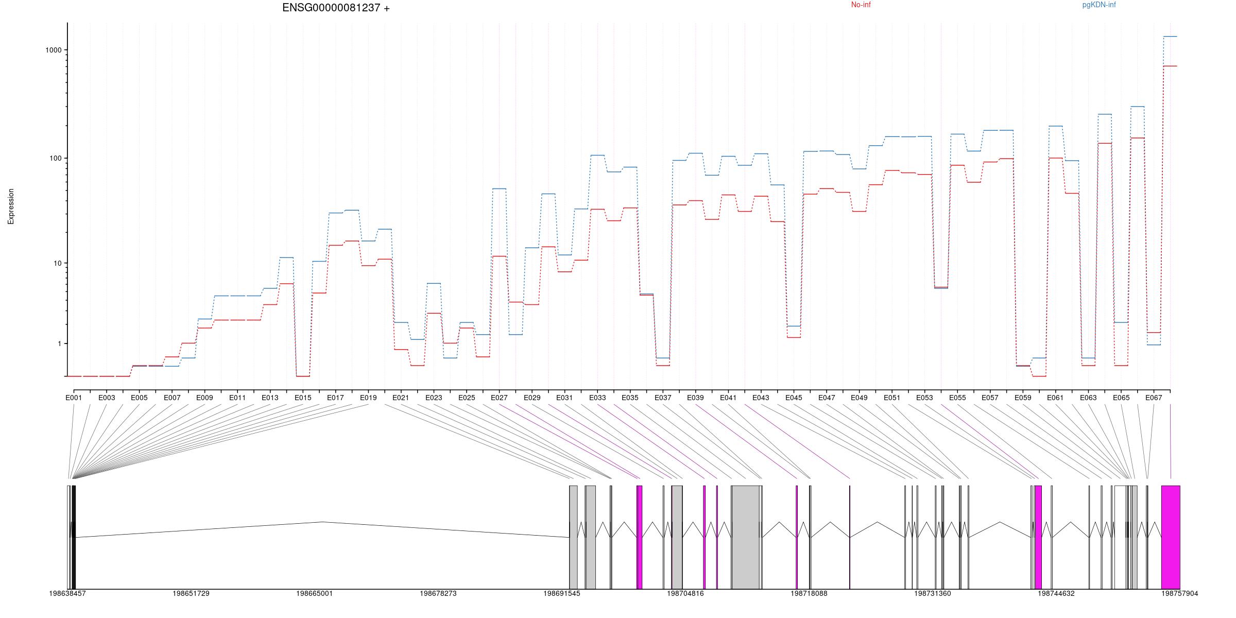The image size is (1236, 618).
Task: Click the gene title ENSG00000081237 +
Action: pos(336,8)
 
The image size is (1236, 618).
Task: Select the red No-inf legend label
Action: pos(861,5)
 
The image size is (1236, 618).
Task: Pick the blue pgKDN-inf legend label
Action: pos(1099,5)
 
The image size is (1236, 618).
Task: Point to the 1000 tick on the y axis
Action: pos(54,50)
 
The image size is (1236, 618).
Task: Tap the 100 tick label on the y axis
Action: pos(56,158)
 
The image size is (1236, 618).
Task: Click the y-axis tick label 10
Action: pos(58,263)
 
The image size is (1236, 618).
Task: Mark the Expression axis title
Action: pos(11,206)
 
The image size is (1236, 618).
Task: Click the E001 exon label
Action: pos(74,398)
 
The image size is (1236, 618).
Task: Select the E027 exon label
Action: pos(499,398)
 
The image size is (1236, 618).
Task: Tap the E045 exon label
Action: pos(794,398)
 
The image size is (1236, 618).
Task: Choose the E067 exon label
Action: pos(1154,398)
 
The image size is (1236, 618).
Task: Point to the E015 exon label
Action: pos(303,398)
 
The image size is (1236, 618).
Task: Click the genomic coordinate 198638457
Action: pos(67,593)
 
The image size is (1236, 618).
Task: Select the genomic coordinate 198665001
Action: pos(314,593)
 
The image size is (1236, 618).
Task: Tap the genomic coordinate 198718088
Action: pos(809,593)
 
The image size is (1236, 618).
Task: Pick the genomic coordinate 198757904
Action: pos(1179,593)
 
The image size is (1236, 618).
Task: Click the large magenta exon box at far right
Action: pos(1171,537)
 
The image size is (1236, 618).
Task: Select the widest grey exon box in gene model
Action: pos(745,537)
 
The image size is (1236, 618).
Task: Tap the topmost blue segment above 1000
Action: pos(1170,37)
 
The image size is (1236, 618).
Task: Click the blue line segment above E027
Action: pos(499,188)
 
